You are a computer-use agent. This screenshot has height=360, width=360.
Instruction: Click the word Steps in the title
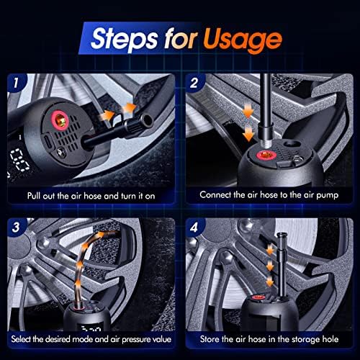(125, 39)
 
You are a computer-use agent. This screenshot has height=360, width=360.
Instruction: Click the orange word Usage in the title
(243, 40)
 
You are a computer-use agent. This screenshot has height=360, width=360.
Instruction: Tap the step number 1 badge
(16, 83)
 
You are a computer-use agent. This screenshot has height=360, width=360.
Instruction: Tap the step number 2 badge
(194, 83)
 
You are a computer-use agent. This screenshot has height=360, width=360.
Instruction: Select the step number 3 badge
(16, 227)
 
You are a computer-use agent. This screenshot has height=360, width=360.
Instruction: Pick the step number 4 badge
(194, 227)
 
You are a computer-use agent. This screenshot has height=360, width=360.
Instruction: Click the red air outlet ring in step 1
(60, 120)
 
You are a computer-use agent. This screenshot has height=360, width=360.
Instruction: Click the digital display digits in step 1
(19, 161)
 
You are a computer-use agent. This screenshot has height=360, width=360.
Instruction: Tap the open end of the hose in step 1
(147, 120)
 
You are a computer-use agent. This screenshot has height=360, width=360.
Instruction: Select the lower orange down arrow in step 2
(248, 134)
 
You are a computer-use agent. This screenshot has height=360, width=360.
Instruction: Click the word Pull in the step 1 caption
(34, 196)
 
